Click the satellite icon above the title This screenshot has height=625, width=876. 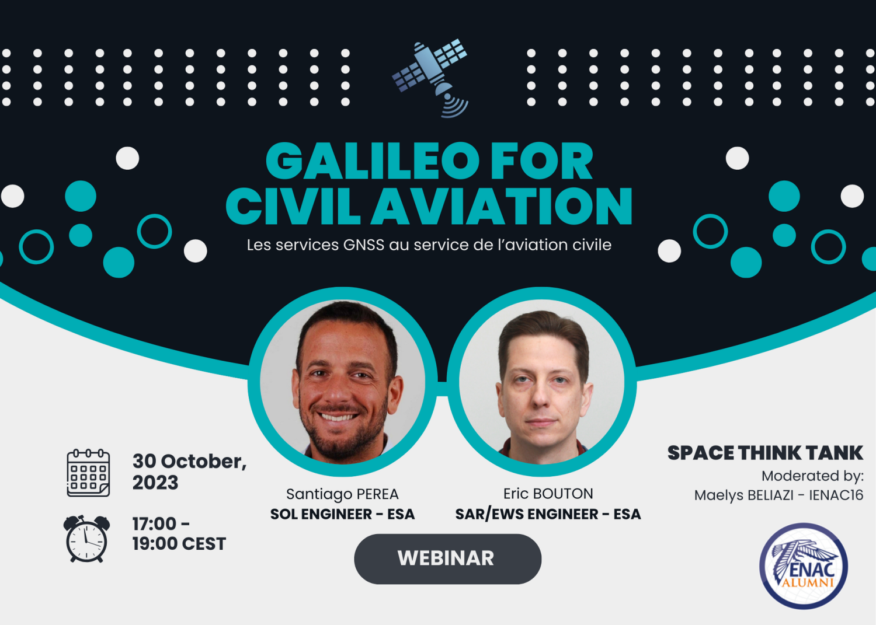[430, 78]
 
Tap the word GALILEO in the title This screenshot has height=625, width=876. [373, 160]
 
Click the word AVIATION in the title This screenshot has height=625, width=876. [502, 206]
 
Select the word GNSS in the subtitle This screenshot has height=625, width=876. [364, 245]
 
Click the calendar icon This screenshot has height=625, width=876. [88, 473]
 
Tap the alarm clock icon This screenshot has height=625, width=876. [86, 539]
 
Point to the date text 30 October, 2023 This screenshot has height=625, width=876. [190, 472]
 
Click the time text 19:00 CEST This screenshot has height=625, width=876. [179, 544]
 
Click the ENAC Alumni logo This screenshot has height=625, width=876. [803, 565]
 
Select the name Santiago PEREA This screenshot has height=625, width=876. [343, 494]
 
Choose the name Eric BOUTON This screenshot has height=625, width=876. [548, 494]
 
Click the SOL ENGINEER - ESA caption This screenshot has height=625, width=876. [343, 514]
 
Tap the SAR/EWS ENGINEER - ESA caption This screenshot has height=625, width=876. [548, 514]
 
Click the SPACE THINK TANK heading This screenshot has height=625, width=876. [765, 453]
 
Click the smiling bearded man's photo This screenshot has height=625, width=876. [343, 382]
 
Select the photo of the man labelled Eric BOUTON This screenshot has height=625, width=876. [542, 382]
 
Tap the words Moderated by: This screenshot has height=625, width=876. [813, 476]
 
